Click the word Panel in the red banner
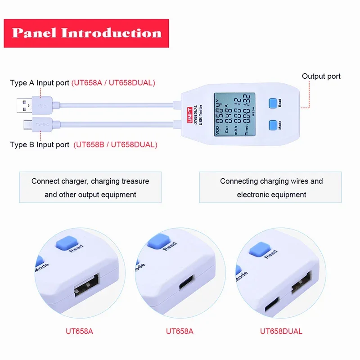pyautogui.click(x=34, y=33)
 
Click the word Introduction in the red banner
pyautogui.click(x=111, y=33)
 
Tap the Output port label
pyautogui.click(x=321, y=76)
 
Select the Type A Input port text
pyautogui.click(x=40, y=83)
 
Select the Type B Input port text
pyautogui.click(x=40, y=144)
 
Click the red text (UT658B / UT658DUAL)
pyautogui.click(x=116, y=144)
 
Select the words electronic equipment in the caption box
pyautogui.click(x=271, y=195)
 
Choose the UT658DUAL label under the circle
pyautogui.click(x=281, y=331)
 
